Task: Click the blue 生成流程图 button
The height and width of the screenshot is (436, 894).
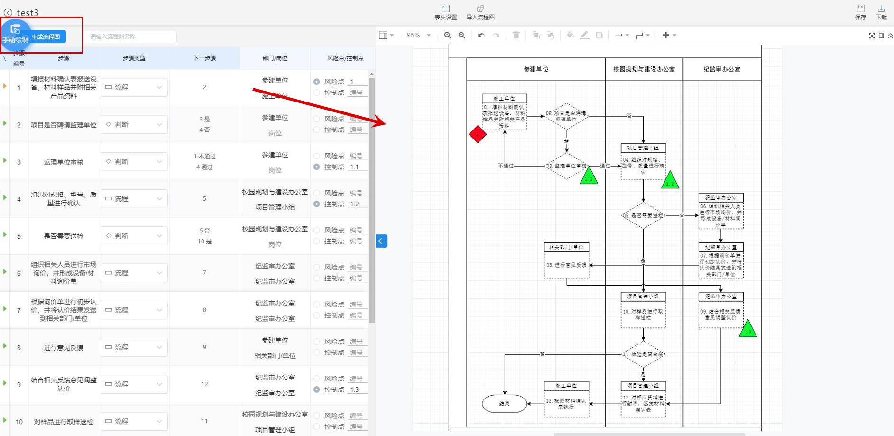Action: point(46,37)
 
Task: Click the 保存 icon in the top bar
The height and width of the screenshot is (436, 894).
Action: point(860,11)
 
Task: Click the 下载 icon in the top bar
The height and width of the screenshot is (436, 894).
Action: point(881,11)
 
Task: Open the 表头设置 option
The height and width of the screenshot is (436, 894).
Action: point(445,12)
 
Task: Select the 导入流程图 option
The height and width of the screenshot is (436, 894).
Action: point(480,12)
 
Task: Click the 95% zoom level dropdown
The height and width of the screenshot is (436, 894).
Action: point(418,35)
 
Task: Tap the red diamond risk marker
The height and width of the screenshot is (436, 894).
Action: point(478,134)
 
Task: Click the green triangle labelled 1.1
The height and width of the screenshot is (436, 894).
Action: point(589,176)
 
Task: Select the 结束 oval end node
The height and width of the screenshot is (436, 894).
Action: point(505,404)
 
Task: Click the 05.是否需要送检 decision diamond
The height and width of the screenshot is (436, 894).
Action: point(643,215)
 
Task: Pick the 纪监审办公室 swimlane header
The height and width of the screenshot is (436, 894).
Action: point(721,69)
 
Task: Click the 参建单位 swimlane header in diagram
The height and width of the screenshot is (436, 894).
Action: point(536,69)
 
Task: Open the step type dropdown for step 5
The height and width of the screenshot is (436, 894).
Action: point(134,236)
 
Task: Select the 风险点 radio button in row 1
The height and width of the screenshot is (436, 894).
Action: point(317,82)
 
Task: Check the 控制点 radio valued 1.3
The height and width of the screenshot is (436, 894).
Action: point(317,390)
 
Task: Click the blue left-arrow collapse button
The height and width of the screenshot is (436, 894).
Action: point(382,241)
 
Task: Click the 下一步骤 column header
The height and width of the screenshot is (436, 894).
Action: point(204,58)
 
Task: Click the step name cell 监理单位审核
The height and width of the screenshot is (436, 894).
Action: point(64,162)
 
